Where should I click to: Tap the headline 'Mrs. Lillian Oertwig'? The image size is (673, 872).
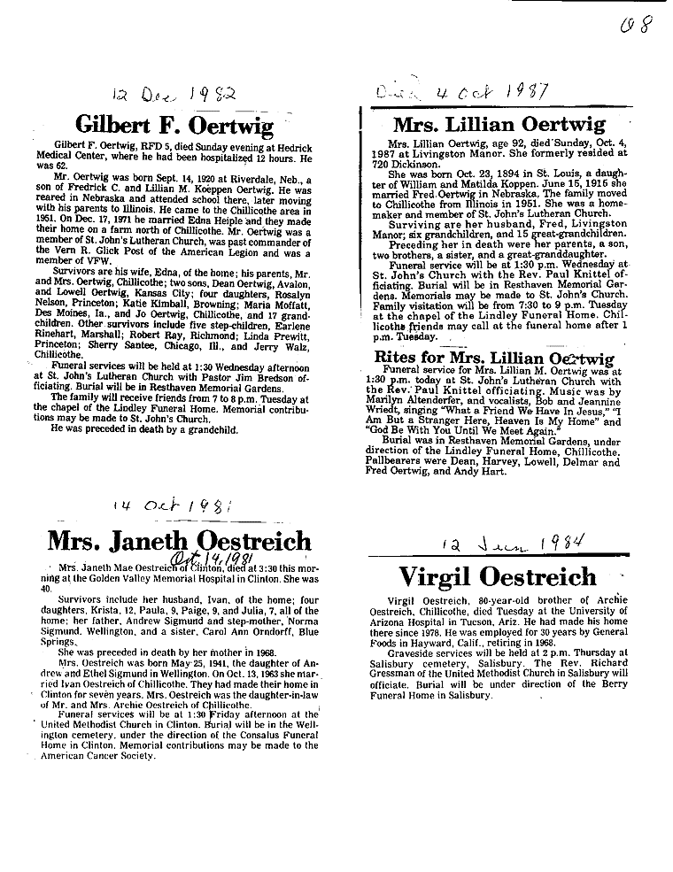click(499, 124)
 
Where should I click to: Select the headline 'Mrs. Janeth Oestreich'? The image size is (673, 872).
click(179, 541)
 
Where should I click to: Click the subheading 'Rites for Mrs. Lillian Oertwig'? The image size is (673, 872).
click(494, 359)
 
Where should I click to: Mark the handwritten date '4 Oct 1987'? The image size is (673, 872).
click(478, 92)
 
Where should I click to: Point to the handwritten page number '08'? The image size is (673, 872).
click(635, 22)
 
